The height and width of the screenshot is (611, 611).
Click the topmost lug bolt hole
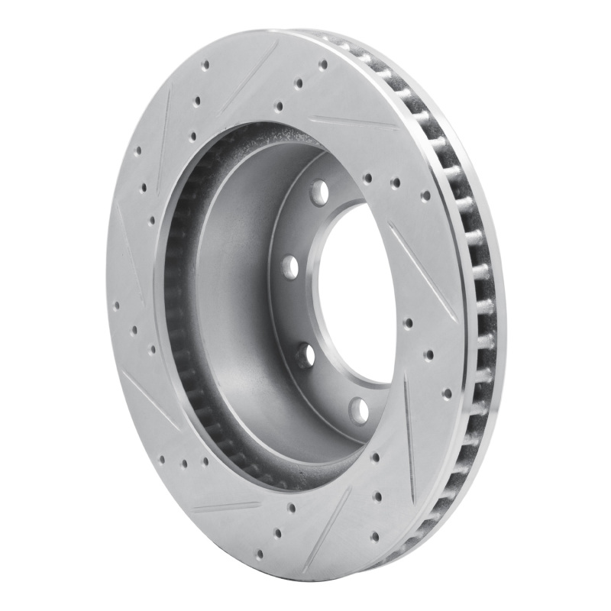click(x=319, y=191)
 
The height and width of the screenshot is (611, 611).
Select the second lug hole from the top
click(x=289, y=267)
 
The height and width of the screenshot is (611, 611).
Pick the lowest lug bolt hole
click(x=357, y=410)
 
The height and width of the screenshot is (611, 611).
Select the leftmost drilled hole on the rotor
click(x=116, y=305)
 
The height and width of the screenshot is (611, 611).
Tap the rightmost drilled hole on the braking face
click(x=447, y=391)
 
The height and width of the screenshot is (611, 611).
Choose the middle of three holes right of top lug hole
click(x=396, y=183)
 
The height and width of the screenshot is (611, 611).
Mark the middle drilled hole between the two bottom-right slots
click(x=377, y=496)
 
